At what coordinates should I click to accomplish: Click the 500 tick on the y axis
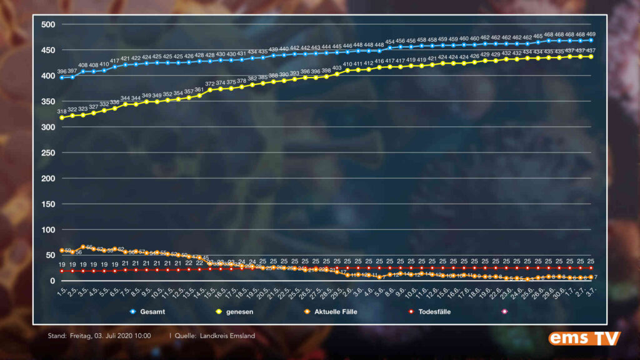tap(47, 24)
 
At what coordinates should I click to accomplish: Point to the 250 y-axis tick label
tap(47, 152)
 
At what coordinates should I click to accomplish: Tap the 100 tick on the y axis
tap(47, 229)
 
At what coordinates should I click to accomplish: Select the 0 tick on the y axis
tap(52, 281)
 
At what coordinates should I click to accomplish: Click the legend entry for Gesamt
tap(151, 311)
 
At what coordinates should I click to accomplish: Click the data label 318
tap(62, 111)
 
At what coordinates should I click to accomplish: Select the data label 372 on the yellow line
tap(210, 84)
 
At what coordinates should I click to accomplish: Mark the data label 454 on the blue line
tap(390, 42)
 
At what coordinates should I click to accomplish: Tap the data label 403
tap(337, 68)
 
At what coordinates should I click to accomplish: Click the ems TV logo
tap(584, 338)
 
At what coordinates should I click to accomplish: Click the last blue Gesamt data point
tap(591, 41)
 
